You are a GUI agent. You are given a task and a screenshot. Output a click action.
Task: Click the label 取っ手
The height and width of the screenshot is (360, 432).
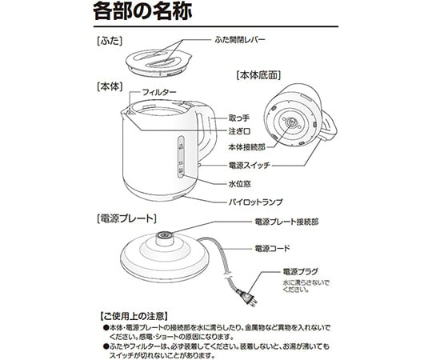(x=238, y=116)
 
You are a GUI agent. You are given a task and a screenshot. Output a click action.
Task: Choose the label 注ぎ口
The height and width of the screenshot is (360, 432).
(x=238, y=131)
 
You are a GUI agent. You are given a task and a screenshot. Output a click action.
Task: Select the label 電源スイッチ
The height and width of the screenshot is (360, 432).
(x=253, y=165)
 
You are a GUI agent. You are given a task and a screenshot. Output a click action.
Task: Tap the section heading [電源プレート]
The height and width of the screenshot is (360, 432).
(x=126, y=218)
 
